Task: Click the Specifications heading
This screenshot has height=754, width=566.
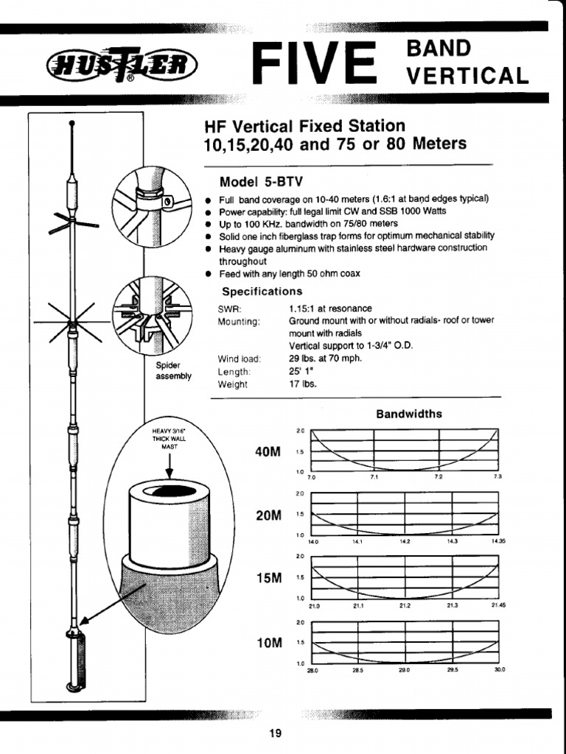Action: tap(262, 292)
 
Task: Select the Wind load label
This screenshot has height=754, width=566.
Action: tap(240, 359)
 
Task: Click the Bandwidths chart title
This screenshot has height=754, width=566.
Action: tap(409, 414)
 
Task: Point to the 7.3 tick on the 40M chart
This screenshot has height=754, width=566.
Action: tap(498, 478)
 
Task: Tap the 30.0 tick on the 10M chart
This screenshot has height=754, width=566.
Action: tap(499, 671)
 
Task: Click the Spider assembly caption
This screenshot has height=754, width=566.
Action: tap(173, 370)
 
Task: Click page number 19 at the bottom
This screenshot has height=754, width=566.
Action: tap(276, 733)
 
